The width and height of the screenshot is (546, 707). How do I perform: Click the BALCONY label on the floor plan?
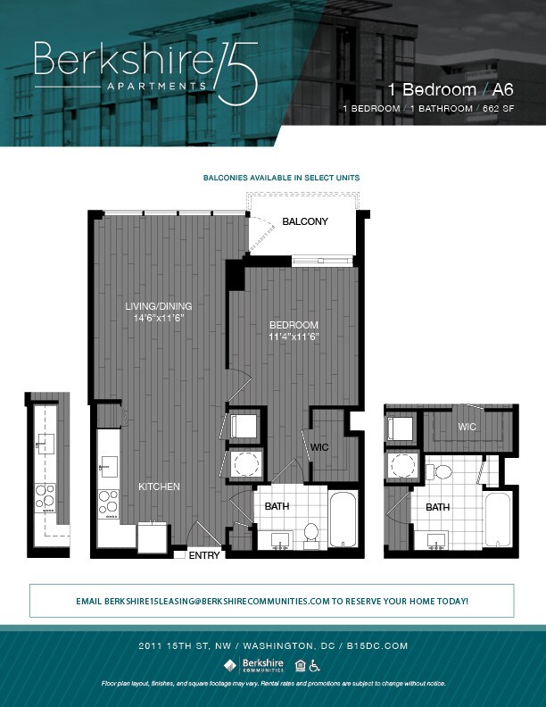[305, 221]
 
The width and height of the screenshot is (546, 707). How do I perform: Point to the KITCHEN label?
[159, 487]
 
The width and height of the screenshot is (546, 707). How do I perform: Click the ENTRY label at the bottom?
[203, 555]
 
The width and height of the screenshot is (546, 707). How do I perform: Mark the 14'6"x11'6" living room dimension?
[158, 318]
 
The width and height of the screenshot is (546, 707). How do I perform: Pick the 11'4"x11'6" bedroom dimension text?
[294, 337]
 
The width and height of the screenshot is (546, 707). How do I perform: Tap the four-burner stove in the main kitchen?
[108, 503]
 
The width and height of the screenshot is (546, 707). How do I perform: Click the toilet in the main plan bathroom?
[311, 532]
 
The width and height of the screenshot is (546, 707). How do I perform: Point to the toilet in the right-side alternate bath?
[441, 471]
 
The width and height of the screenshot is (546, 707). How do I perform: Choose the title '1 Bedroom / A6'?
[451, 89]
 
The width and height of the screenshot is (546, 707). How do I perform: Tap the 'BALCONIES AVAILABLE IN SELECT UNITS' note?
[282, 178]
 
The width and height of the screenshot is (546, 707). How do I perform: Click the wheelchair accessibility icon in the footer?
[315, 664]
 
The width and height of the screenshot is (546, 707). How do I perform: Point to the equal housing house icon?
[300, 664]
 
